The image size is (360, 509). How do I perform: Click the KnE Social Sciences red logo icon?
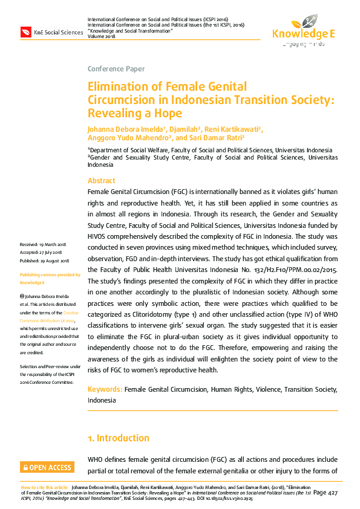(26, 32)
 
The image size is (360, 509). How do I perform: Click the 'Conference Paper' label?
(116, 69)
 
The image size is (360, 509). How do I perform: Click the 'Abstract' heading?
(102, 181)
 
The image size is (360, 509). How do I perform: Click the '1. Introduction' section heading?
(119, 438)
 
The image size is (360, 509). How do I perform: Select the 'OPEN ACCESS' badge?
(47, 467)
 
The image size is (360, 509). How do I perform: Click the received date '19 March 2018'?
(54, 244)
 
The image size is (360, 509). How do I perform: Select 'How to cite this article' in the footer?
(45, 487)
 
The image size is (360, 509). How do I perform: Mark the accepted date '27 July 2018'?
(53, 253)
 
